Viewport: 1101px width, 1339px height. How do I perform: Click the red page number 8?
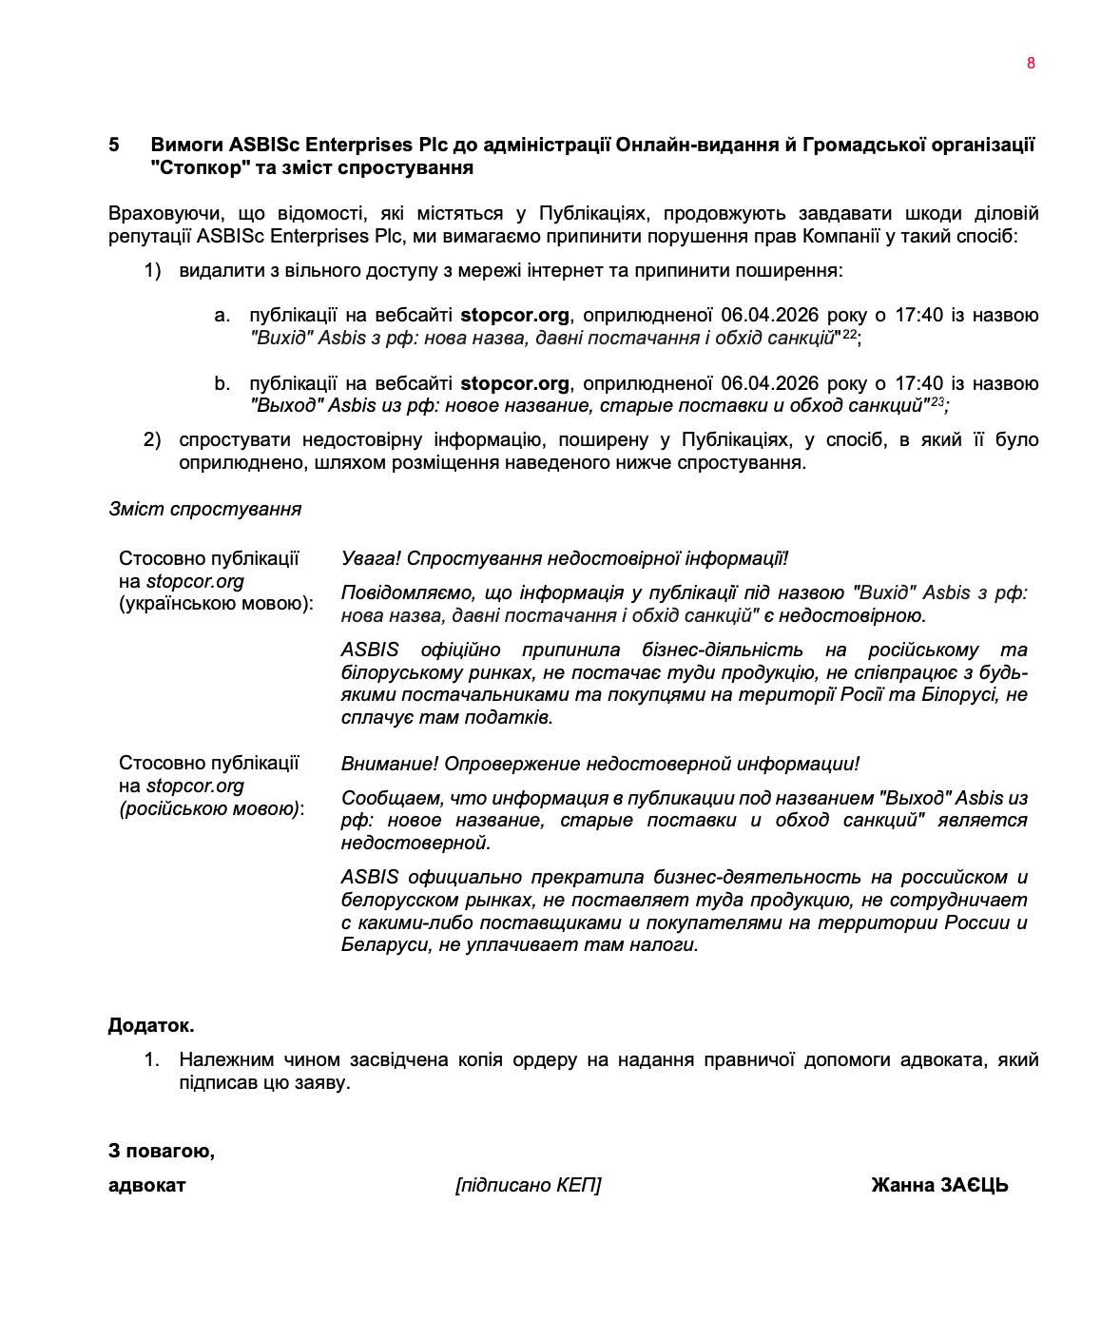(x=1031, y=64)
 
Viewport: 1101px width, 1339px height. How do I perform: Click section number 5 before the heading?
(x=114, y=146)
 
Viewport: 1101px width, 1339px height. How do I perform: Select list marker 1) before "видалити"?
(x=153, y=271)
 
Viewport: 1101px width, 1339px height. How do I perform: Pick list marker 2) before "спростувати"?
(x=153, y=440)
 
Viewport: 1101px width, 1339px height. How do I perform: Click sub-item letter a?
(x=222, y=316)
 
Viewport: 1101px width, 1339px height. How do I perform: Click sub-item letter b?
(x=222, y=384)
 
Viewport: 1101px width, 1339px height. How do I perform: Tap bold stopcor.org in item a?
(x=514, y=316)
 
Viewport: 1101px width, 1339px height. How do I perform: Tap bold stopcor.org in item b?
(x=514, y=384)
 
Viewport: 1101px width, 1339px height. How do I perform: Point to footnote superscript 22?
(x=849, y=333)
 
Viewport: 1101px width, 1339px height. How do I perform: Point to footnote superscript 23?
(x=937, y=401)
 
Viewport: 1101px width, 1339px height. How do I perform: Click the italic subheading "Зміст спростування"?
(x=204, y=510)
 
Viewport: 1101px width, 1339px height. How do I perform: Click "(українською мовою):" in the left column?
(x=216, y=604)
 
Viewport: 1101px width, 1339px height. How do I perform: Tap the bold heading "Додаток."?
(x=151, y=1026)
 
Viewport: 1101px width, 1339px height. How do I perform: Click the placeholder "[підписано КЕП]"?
(x=528, y=1186)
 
